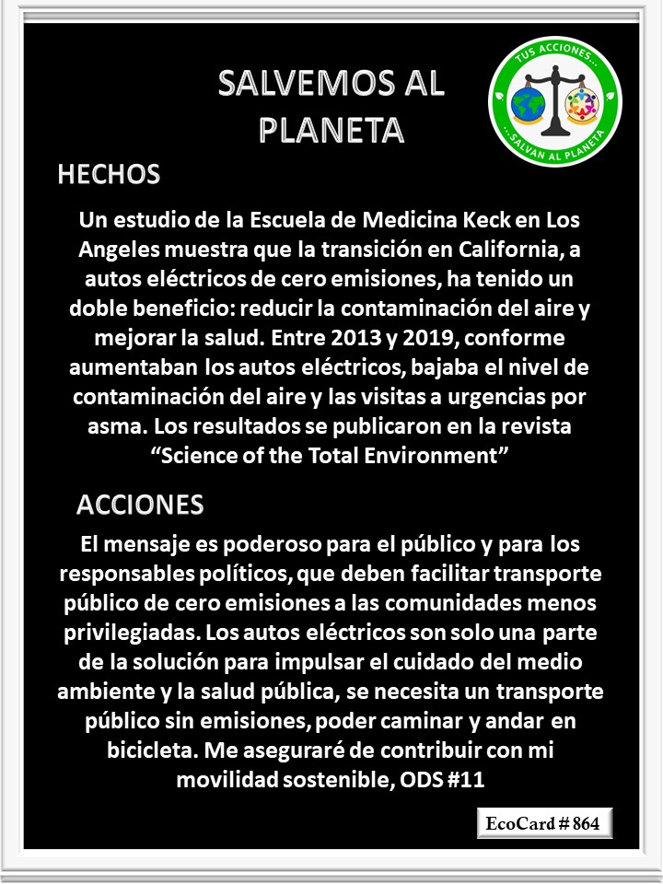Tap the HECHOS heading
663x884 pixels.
(x=109, y=174)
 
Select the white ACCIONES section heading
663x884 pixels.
(x=140, y=505)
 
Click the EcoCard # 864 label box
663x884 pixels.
(x=544, y=823)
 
